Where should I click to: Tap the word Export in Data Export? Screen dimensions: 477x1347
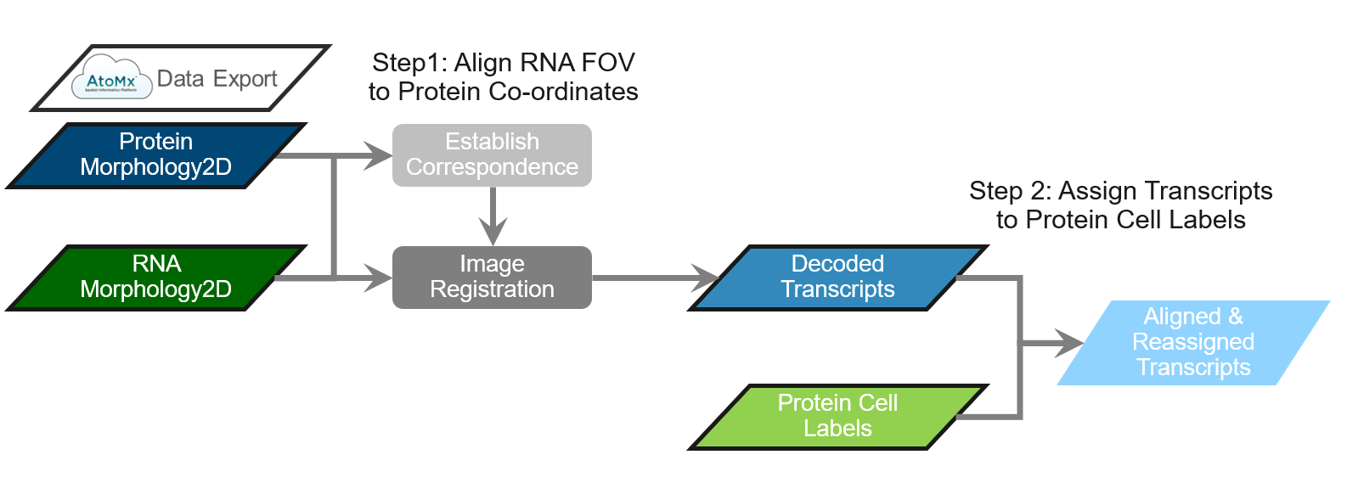(x=245, y=79)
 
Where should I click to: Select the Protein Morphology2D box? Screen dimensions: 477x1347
(x=155, y=154)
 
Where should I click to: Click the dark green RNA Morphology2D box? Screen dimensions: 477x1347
(x=155, y=277)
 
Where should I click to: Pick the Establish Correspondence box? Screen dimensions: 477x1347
(x=492, y=154)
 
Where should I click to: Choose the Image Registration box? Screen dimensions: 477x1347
(x=492, y=277)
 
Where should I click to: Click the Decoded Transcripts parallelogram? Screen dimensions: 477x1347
(x=837, y=277)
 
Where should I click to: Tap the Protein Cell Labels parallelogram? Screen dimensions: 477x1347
(x=837, y=416)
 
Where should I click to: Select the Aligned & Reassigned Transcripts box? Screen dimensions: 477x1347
(x=1192, y=342)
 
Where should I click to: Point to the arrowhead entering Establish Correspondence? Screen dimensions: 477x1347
(x=379, y=155)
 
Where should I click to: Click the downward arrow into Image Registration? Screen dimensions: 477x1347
(x=493, y=230)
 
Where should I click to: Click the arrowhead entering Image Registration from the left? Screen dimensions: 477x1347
(x=379, y=278)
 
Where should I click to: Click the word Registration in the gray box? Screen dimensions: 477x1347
(x=492, y=289)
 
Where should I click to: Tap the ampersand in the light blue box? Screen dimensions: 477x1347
(x=1235, y=317)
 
